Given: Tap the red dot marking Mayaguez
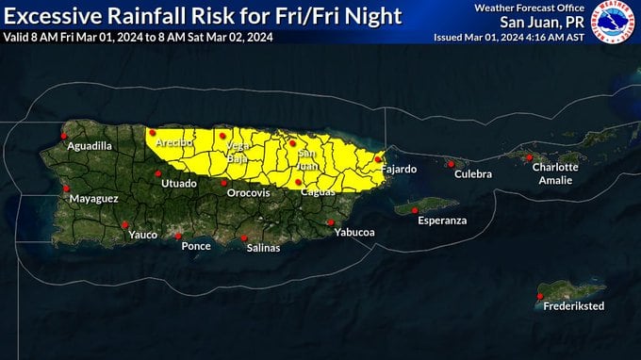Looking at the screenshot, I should click(67, 188).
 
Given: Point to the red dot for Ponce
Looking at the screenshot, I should click(178, 236).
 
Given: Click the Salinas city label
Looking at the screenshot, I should click(262, 248).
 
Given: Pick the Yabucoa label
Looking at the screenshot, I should click(354, 232).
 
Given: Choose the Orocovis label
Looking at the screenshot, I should click(249, 193).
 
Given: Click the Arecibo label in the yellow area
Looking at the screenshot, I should click(174, 142).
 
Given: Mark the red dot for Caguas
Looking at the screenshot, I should click(298, 182).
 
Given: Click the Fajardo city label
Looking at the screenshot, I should click(399, 170).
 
